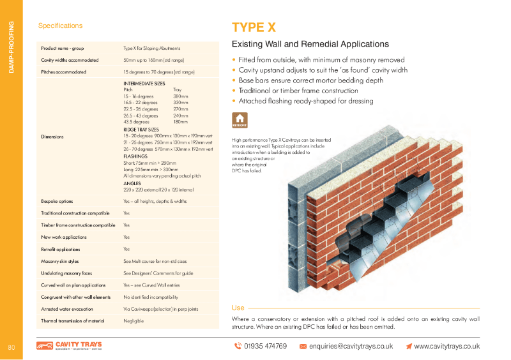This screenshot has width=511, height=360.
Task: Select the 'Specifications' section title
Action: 60,26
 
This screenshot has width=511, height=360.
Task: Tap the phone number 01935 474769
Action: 265,346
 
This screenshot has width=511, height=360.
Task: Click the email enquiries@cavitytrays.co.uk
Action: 351,346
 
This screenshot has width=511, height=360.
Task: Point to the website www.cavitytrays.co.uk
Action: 446,346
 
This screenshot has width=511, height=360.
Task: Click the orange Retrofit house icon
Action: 239,120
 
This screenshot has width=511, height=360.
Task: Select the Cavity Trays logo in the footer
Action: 69,346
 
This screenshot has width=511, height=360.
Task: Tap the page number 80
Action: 11,347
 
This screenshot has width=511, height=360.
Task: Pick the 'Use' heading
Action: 238,308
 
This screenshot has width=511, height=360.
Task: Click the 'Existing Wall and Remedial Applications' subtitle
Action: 310,45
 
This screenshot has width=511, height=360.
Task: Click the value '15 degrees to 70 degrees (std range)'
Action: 158,72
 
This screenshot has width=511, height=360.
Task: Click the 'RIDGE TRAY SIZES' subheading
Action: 141,130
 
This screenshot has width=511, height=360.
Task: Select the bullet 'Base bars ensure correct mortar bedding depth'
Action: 311,80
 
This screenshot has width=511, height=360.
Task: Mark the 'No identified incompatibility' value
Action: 151,297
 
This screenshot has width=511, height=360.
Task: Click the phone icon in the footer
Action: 238,346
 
